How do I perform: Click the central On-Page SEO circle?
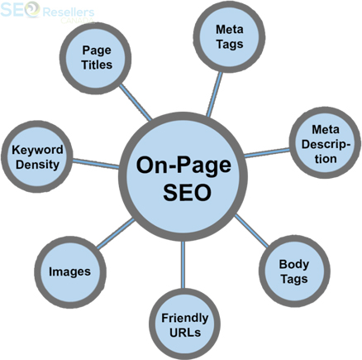pos(183,176)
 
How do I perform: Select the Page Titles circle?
pos(96,58)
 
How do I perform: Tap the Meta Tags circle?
pos(229,36)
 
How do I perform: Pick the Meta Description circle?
pos(325,143)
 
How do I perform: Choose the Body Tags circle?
pos(294,271)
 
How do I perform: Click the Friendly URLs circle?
pos(184,324)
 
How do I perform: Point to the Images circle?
pos(70,271)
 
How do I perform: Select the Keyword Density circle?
pos(37,156)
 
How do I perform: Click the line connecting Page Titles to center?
pos(136,103)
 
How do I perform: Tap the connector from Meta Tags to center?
pos(215,94)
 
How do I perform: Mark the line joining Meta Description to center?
pos(267,153)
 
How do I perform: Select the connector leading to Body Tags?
pos(251,231)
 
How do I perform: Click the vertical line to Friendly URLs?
pos(183,265)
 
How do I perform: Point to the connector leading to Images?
pos(116,234)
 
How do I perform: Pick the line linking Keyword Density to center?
pos(96,163)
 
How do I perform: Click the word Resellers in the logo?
pos(69,12)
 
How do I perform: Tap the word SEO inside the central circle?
pos(187,192)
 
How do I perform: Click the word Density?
pos(37,165)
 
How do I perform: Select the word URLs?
pos(185,333)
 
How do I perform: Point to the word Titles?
pos(97,65)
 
